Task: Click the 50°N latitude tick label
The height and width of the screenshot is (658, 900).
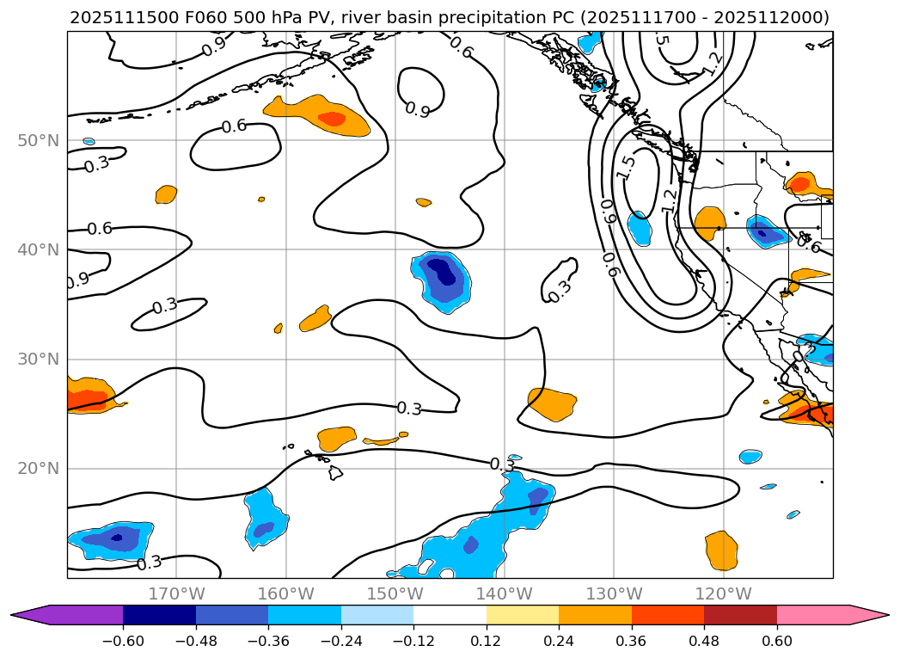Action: (38, 140)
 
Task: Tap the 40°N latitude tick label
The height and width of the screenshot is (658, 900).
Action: (38, 249)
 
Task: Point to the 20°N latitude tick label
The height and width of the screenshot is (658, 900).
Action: (38, 469)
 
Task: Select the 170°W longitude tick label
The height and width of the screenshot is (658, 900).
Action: (177, 593)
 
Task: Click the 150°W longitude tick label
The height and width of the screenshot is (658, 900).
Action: (395, 593)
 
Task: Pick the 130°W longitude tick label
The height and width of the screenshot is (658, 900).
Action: (614, 593)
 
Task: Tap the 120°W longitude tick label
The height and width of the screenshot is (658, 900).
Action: (723, 593)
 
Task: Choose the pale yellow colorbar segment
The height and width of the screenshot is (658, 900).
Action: (523, 615)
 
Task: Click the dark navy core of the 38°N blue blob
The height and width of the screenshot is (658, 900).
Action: (441, 271)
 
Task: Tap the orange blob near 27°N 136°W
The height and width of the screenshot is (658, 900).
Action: (552, 403)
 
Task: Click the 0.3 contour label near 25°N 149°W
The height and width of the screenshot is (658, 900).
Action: (409, 409)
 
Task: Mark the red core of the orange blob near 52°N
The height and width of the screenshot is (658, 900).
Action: (331, 119)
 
